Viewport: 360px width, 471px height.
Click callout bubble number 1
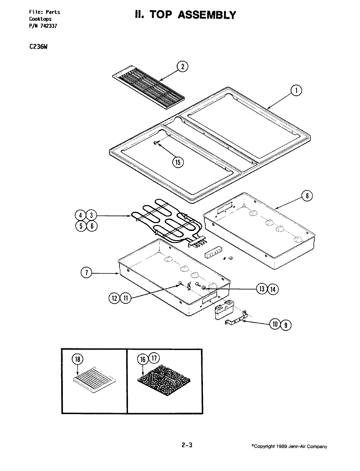click(x=297, y=91)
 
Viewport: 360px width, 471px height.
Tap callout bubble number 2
click(x=182, y=66)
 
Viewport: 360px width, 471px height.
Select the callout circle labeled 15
click(x=178, y=163)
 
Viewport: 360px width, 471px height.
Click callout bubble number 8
click(x=307, y=196)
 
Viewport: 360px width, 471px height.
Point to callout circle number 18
click(x=78, y=359)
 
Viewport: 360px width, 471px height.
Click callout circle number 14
click(x=273, y=289)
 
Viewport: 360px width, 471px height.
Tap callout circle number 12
click(x=114, y=298)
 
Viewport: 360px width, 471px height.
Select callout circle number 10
click(x=275, y=324)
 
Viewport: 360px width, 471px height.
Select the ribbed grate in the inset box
click(x=94, y=379)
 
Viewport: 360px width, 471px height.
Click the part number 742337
click(x=48, y=26)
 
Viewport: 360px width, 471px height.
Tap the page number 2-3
click(x=187, y=445)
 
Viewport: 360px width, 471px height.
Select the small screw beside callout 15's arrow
click(x=155, y=143)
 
